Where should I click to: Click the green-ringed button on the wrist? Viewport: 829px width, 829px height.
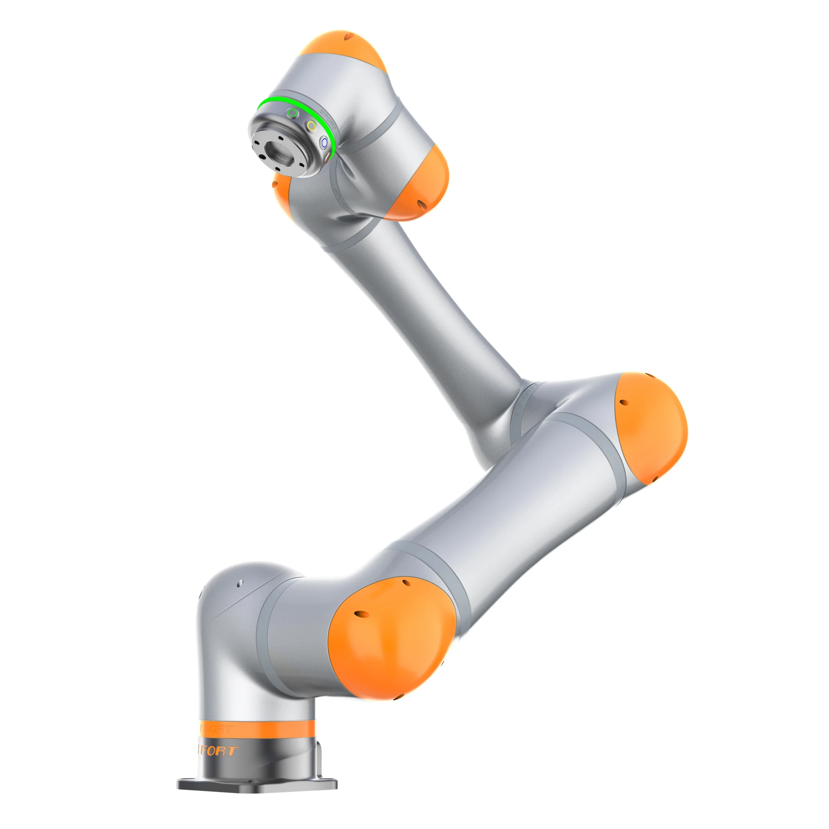293,114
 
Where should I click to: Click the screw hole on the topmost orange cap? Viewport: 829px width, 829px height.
351,37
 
